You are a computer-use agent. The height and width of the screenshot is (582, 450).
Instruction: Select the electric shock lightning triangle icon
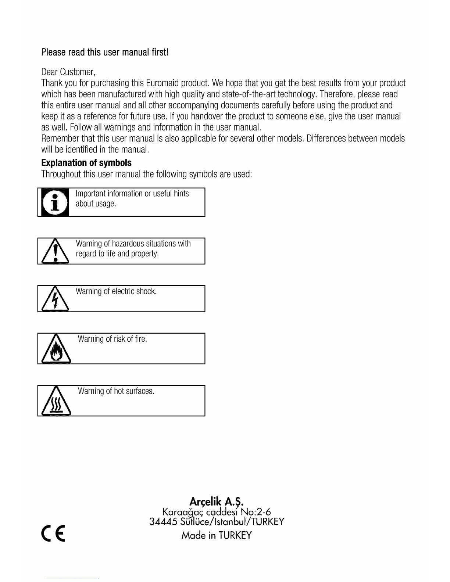pyautogui.click(x=55, y=299)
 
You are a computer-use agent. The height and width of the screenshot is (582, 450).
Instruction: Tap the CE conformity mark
pyautogui.click(x=53, y=534)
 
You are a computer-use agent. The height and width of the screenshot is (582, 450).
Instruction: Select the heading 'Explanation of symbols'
pyautogui.click(x=86, y=163)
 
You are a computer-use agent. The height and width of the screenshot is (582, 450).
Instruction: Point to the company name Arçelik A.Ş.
pyautogui.click(x=217, y=502)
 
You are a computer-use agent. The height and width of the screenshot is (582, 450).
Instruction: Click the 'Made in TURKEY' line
pyautogui.click(x=217, y=535)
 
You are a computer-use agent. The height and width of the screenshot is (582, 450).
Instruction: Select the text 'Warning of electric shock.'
pyautogui.click(x=116, y=291)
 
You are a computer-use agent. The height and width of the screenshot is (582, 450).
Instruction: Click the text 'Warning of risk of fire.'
pyautogui.click(x=113, y=339)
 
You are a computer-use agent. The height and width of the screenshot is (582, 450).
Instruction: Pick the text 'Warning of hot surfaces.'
pyautogui.click(x=116, y=391)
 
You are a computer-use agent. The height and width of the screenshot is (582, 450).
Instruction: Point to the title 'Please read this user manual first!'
pyautogui.click(x=105, y=52)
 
